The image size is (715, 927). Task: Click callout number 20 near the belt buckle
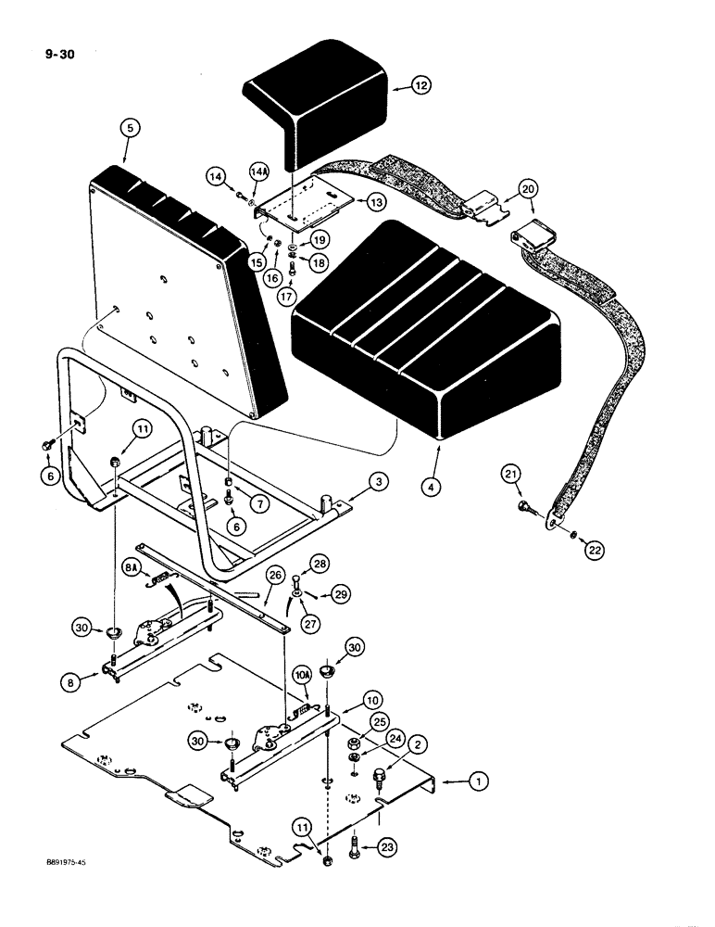pos(527,189)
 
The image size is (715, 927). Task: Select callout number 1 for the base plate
pos(477,784)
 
